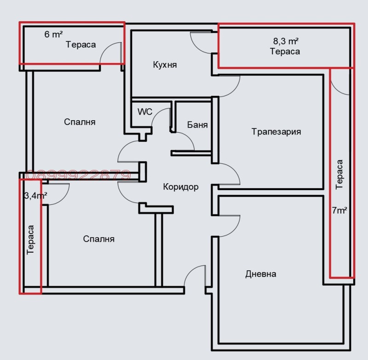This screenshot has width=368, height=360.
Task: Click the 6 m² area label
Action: tap(53, 34)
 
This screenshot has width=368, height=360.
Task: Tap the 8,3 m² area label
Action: tap(286, 41)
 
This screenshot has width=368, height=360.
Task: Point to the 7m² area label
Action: tap(339, 211)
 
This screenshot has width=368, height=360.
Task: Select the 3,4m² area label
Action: tap(35, 196)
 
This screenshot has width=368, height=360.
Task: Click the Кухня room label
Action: tap(165, 65)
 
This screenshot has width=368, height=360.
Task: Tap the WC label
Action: tap(144, 112)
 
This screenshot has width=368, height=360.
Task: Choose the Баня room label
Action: tap(197, 125)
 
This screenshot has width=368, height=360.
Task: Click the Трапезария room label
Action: tap(276, 132)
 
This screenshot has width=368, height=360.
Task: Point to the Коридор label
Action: tap(181, 187)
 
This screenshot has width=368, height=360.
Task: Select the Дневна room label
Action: tap(261, 274)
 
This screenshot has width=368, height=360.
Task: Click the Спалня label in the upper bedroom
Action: tap(80, 122)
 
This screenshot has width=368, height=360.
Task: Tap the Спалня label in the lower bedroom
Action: tap(99, 239)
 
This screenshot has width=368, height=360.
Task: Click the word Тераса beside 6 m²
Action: tap(81, 45)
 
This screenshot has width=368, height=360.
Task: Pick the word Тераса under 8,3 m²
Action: tap(285, 52)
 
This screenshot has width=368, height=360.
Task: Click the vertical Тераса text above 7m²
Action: tap(339, 174)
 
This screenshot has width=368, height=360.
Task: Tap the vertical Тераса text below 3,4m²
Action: tap(31, 240)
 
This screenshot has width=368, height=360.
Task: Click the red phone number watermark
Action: tap(78, 175)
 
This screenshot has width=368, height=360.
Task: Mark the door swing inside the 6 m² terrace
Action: tap(110, 52)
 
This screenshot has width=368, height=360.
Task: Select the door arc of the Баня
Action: tap(186, 141)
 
